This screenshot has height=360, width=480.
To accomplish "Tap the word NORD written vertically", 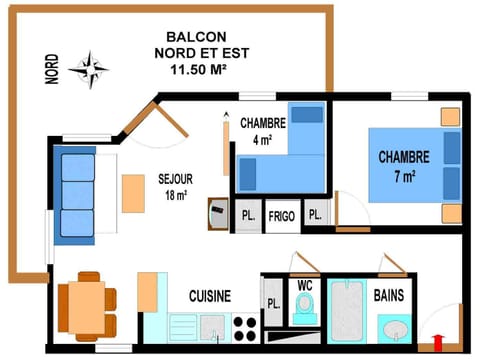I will coord(52,69).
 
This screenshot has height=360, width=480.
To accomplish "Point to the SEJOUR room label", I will coord(175,187).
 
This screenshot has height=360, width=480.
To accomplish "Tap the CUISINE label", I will coord(210,296).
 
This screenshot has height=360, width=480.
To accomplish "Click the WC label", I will coord(305,284).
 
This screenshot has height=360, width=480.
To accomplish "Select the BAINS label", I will coord(389,296).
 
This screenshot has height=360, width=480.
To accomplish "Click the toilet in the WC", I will coord(305,308).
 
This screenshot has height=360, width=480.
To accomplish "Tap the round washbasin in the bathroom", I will coord(395,329).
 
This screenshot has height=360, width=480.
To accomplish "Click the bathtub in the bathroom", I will coord(347,309).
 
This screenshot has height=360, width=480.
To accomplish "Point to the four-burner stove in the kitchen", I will coord(245,328).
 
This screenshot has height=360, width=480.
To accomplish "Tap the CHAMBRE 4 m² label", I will coord(263,131).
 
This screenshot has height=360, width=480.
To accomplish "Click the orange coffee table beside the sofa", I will coord(133,193).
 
